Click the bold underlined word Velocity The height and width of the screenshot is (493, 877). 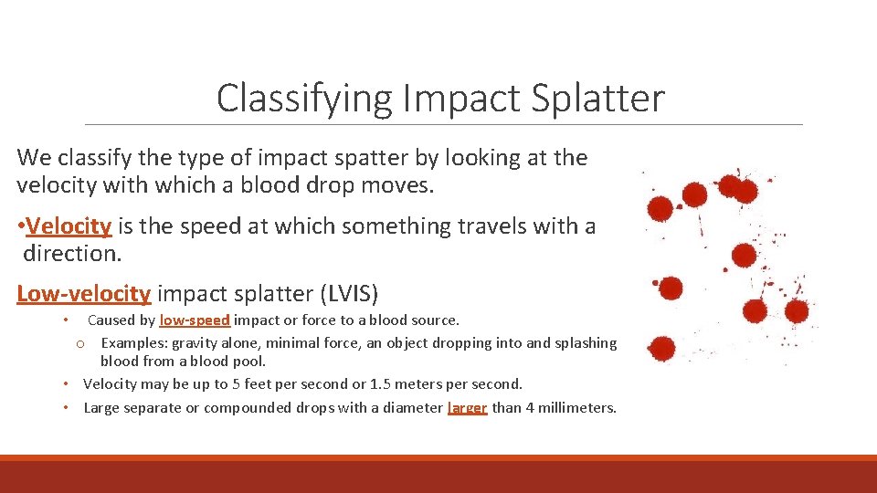pyautogui.click(x=69, y=226)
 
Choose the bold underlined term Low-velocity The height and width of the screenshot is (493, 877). pyautogui.click(x=83, y=293)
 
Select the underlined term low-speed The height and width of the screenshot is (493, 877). pyautogui.click(x=195, y=320)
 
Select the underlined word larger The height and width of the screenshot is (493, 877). pyautogui.click(x=468, y=408)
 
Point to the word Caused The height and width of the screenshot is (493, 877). pyautogui.click(x=110, y=320)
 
